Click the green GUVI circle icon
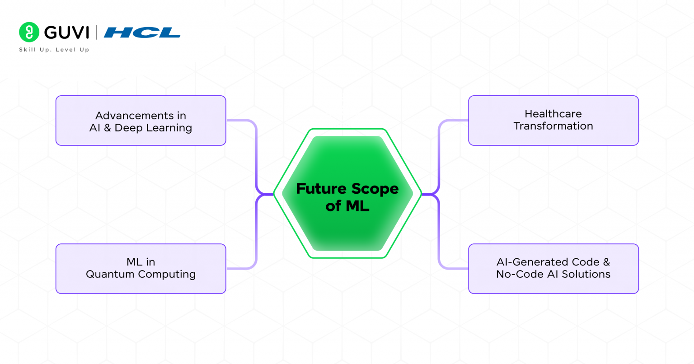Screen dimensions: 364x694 tap(29, 32)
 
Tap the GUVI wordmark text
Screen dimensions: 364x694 tap(67, 33)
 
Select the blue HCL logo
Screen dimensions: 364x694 tap(142, 33)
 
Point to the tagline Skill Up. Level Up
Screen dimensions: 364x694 tap(54, 50)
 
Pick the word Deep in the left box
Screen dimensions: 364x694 tap(129, 128)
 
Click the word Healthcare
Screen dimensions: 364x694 tap(553, 114)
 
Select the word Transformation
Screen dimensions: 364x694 tap(553, 126)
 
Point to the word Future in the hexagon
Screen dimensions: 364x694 tap(321, 189)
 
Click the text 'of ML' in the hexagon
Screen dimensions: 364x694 tap(347, 206)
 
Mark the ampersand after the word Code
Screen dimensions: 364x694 tap(606, 262)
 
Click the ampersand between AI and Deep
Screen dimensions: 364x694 tap(108, 128)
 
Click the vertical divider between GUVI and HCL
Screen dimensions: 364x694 tap(96, 33)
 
